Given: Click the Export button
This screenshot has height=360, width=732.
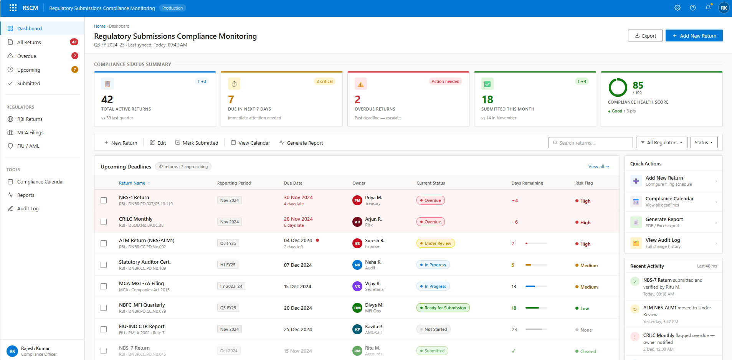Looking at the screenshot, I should pos(645,36).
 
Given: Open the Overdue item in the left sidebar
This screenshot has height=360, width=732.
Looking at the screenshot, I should pos(27,56).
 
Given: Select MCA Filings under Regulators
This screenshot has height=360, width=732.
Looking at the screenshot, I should pos(30,132).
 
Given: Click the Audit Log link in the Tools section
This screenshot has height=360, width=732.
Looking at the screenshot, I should pos(28,208).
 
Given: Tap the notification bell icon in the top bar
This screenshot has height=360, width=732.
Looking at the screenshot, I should pos(708,8).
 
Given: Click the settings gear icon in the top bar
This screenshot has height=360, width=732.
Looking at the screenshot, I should pos(677,8).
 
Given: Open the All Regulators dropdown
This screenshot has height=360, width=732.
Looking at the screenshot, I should pos(661,143).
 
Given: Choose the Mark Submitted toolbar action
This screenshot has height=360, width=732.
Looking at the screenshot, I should pos(197,143).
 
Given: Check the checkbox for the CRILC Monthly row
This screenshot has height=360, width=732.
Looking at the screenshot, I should pos(104,222).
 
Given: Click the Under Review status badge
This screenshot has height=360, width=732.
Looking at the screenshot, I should pos(435,243).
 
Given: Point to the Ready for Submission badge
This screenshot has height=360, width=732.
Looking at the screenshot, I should pos(443,308).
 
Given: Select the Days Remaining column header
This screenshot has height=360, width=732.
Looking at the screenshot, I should pos(527,183).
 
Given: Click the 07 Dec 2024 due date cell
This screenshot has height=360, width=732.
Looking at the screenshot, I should pos(298,265).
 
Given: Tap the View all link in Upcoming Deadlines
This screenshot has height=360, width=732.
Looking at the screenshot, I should pos(598,167).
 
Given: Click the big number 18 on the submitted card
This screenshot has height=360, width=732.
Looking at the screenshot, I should pos(487,100).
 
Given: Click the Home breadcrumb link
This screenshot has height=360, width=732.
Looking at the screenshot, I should pos(99,26).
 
